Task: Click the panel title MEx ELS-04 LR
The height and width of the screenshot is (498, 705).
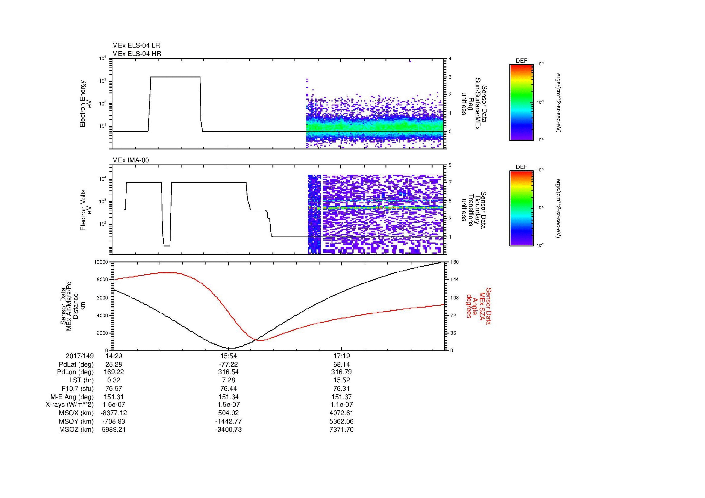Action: (x=136, y=45)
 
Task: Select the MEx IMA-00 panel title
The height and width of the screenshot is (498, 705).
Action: (x=131, y=160)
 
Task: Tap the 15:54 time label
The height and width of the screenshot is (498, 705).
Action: (x=228, y=356)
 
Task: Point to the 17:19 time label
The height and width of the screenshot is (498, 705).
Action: (x=342, y=356)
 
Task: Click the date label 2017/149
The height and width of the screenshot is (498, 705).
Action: (x=80, y=356)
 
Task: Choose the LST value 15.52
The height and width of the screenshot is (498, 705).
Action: (x=342, y=380)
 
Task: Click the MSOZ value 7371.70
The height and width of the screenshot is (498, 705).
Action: (x=342, y=430)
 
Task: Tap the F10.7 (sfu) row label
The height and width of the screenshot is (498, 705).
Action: (x=77, y=388)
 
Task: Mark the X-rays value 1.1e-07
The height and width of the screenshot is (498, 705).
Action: (x=342, y=405)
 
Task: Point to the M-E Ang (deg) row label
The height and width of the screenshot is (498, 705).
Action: (x=72, y=397)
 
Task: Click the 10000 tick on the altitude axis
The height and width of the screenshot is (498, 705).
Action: (x=101, y=262)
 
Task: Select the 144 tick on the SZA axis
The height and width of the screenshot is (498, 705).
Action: (x=454, y=280)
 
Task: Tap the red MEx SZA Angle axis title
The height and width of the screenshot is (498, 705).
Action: (x=478, y=306)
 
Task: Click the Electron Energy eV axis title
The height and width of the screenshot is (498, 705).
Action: (x=86, y=104)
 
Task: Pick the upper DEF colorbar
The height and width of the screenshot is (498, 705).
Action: (x=521, y=102)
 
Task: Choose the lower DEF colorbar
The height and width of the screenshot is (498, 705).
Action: (x=521, y=208)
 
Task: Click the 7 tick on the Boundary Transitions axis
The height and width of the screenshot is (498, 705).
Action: (x=450, y=183)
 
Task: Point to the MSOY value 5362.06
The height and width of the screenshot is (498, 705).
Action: (x=342, y=421)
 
